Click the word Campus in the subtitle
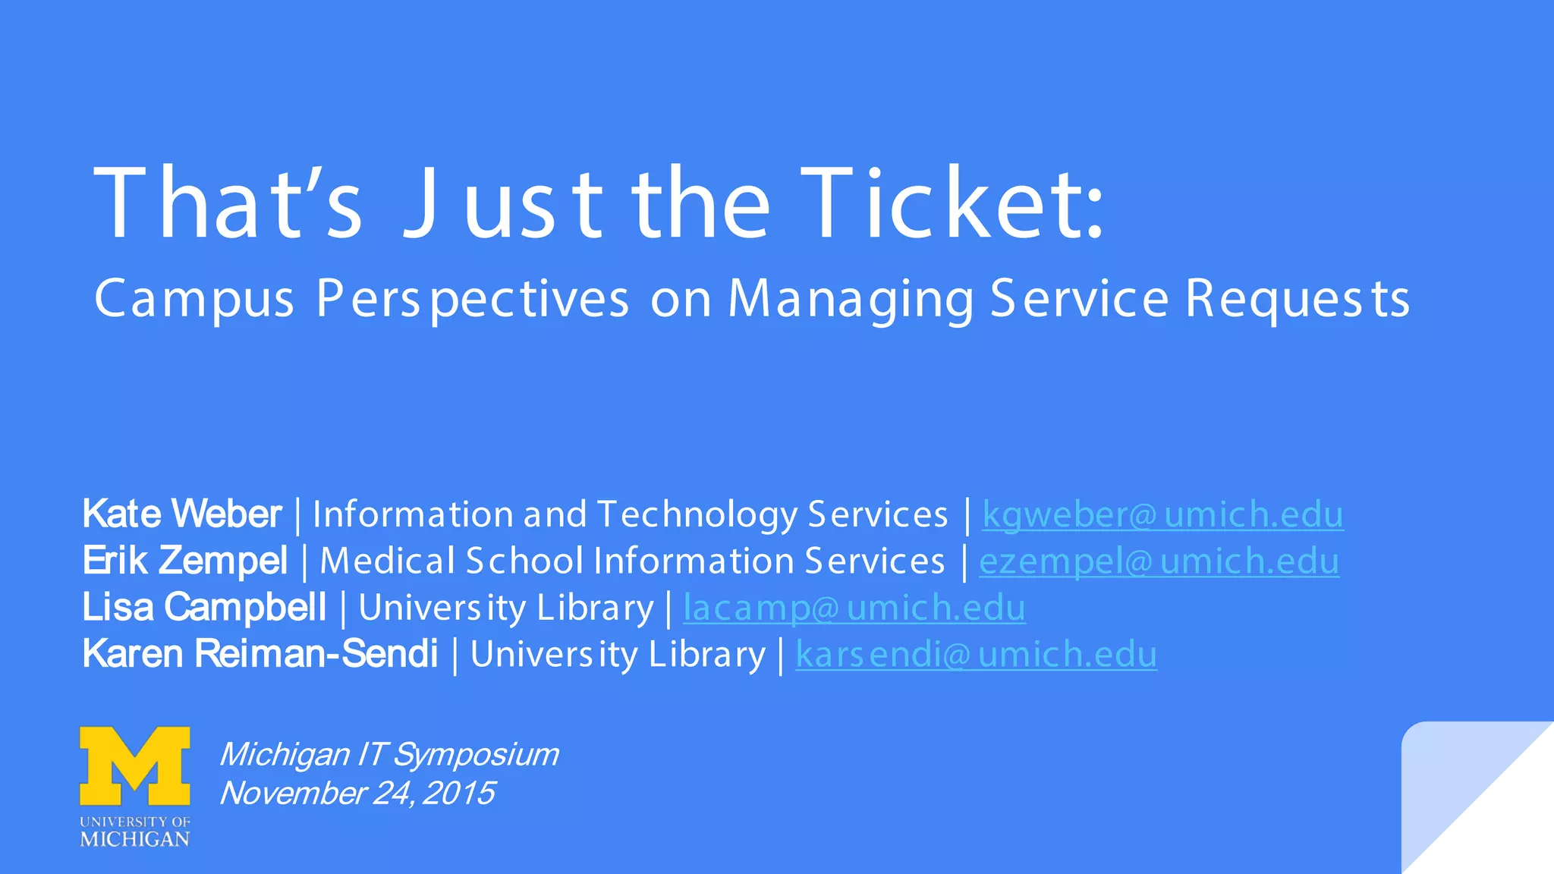[x=194, y=299]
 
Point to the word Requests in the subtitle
[x=1298, y=299]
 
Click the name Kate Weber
[x=182, y=514]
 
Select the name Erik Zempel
[x=185, y=561]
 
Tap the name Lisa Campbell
[x=204, y=608]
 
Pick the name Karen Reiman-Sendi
[x=260, y=654]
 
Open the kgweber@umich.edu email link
[x=1162, y=514]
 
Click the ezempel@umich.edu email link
[x=1159, y=561]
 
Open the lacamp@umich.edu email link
[x=854, y=608]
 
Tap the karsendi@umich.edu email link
[x=976, y=655]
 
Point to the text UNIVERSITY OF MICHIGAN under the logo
[x=135, y=832]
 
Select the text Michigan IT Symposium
[x=388, y=754]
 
